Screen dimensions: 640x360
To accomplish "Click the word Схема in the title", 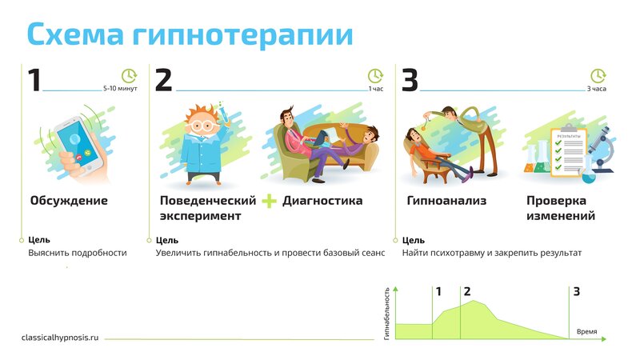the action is click(x=75, y=34).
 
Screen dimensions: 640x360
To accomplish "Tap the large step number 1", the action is click(x=34, y=79).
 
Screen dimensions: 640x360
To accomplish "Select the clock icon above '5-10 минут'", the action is click(x=129, y=76).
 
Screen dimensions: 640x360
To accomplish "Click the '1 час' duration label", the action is click(x=376, y=89).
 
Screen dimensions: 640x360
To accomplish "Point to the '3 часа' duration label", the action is click(x=596, y=89).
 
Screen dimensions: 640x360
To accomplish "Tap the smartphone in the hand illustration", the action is click(x=79, y=144).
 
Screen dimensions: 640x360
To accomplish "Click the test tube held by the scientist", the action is click(x=223, y=112).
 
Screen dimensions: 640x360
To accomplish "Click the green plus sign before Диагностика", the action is click(x=270, y=201).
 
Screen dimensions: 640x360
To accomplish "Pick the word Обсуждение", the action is click(x=69, y=201).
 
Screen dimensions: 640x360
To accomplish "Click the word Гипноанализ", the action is click(x=446, y=201).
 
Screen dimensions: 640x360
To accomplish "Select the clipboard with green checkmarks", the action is click(x=568, y=152).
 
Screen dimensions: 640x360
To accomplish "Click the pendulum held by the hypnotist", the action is click(x=426, y=122).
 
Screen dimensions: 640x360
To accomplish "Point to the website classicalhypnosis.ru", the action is click(x=60, y=338).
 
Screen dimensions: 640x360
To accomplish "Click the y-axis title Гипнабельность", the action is click(x=387, y=314).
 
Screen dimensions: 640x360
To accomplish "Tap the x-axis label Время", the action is click(x=586, y=331).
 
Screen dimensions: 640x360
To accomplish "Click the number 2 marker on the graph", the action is click(x=467, y=291).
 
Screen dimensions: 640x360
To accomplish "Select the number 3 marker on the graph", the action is click(x=576, y=291).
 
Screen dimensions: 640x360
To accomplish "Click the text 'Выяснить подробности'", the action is click(x=78, y=253).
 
